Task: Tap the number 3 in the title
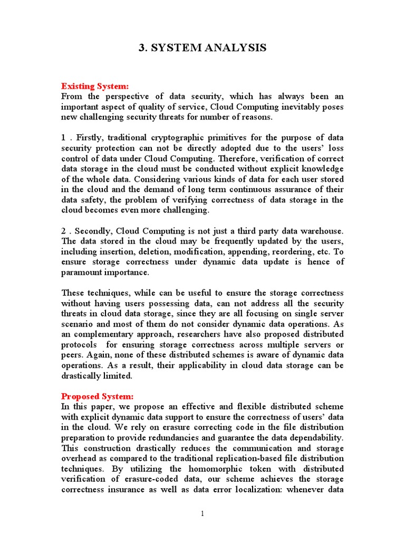[141, 48]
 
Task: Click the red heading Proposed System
[98, 396]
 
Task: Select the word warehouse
[317, 231]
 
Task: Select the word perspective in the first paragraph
[131, 97]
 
